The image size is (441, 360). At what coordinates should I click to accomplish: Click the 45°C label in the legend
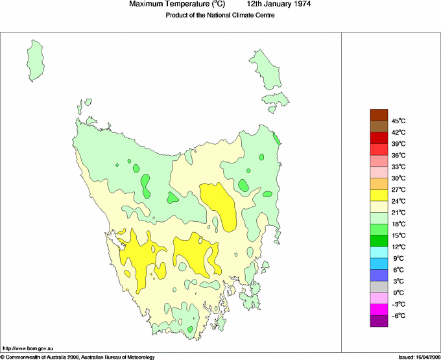point(398,121)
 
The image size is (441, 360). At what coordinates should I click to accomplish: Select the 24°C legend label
point(398,201)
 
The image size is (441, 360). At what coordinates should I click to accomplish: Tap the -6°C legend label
point(398,316)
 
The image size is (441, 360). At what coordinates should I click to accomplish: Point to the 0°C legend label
point(398,293)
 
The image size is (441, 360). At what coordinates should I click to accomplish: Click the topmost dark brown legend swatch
point(379,115)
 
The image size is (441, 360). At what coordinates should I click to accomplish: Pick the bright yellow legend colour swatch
point(379,195)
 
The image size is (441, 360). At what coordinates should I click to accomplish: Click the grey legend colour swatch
point(379,287)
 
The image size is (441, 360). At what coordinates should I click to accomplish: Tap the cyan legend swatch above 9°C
point(379,252)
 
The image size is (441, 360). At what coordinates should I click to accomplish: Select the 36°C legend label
point(398,155)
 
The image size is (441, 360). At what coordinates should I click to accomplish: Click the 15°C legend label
point(398,235)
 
